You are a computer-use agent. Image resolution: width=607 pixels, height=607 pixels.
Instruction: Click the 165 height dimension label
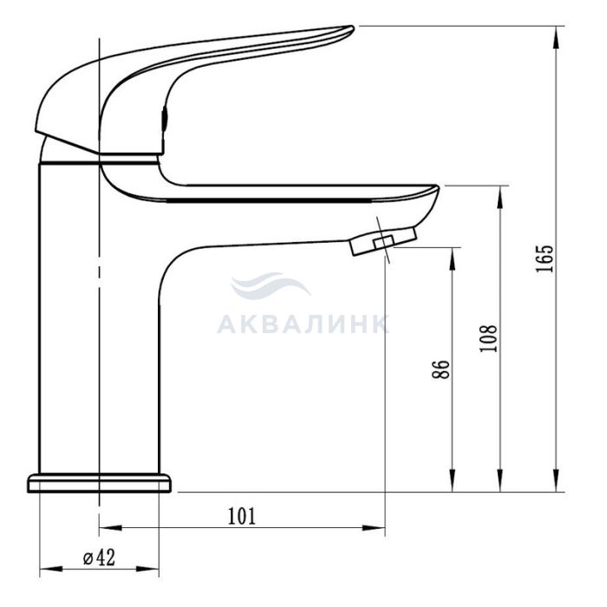pyautogui.click(x=545, y=258)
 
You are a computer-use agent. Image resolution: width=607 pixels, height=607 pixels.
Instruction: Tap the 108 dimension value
pyautogui.click(x=488, y=338)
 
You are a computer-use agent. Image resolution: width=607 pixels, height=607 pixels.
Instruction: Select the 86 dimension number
pyautogui.click(x=441, y=369)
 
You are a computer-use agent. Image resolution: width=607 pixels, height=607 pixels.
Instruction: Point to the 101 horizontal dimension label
pyautogui.click(x=242, y=516)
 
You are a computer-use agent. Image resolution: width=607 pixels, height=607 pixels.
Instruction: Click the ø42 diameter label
pyautogui.click(x=99, y=558)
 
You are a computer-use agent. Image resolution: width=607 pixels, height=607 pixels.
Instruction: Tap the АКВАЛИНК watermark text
pyautogui.click(x=303, y=324)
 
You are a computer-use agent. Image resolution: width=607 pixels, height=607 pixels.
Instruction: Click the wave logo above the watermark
pyautogui.click(x=271, y=286)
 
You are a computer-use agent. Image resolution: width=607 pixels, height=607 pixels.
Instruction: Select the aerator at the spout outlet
pyautogui.click(x=383, y=242)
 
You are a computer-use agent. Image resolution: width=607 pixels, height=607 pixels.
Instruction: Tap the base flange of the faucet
pyautogui.click(x=99, y=483)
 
